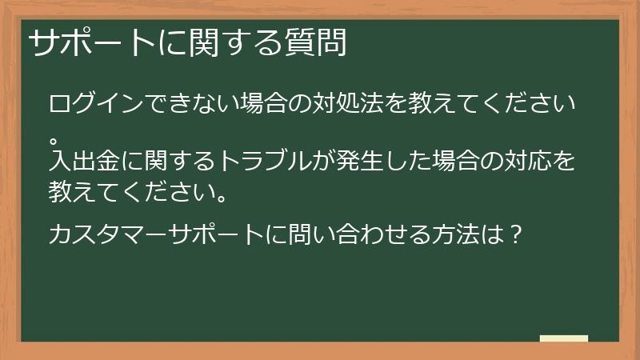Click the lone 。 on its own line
click(x=54, y=129)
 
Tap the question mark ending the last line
click(x=516, y=235)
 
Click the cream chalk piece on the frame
click(x=564, y=338)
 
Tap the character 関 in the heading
click(x=206, y=44)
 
